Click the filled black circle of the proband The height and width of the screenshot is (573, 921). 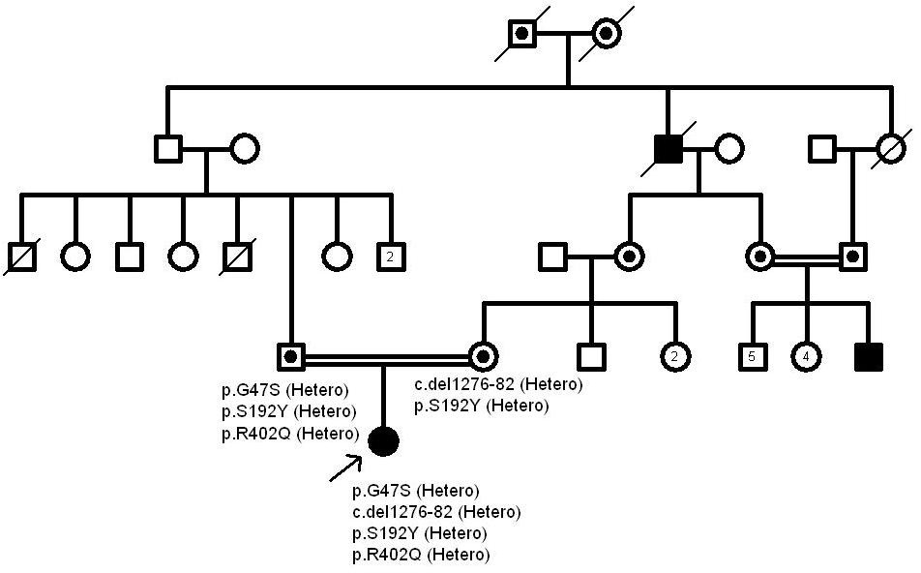(x=384, y=441)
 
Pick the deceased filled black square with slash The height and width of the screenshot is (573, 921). (x=668, y=149)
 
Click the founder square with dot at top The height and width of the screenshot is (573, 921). (x=523, y=33)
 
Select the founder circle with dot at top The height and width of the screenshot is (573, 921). (x=606, y=33)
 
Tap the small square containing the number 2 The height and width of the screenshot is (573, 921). (x=389, y=256)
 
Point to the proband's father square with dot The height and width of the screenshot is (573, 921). (x=291, y=357)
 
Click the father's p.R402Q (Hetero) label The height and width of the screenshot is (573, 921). (x=287, y=433)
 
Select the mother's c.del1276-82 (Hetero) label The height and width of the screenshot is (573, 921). (x=498, y=385)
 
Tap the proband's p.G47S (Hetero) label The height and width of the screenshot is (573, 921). (x=415, y=491)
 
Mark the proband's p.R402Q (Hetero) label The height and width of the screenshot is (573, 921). (x=421, y=555)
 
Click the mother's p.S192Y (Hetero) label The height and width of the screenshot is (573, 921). (x=481, y=407)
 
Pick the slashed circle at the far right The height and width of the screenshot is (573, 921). (x=889, y=149)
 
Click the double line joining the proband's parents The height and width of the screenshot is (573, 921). (x=386, y=357)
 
